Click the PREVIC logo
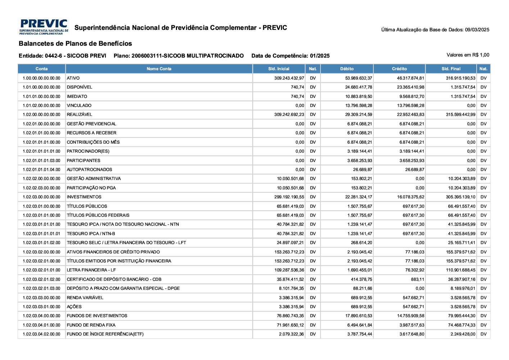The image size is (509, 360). (x=44, y=27)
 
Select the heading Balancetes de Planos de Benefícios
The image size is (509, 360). (x=75, y=44)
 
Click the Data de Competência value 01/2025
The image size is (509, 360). (x=320, y=56)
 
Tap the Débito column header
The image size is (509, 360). (x=347, y=69)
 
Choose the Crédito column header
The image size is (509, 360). (x=399, y=69)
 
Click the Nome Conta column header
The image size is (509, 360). (x=159, y=69)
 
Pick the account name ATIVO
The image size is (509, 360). (x=73, y=78)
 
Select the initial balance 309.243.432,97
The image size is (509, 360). (x=289, y=78)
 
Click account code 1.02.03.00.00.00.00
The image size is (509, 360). (x=41, y=197)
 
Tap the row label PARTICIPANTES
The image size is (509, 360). (x=83, y=161)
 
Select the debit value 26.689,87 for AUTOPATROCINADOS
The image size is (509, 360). (x=362, y=170)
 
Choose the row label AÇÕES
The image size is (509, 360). (x=74, y=307)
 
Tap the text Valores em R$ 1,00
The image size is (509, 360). (x=468, y=55)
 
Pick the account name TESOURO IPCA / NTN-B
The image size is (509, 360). (x=91, y=234)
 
